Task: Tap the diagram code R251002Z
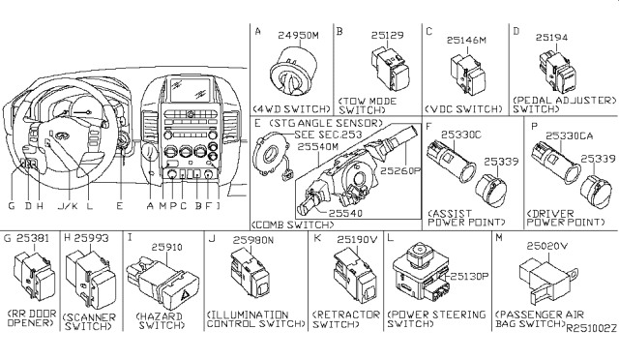[592, 330]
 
